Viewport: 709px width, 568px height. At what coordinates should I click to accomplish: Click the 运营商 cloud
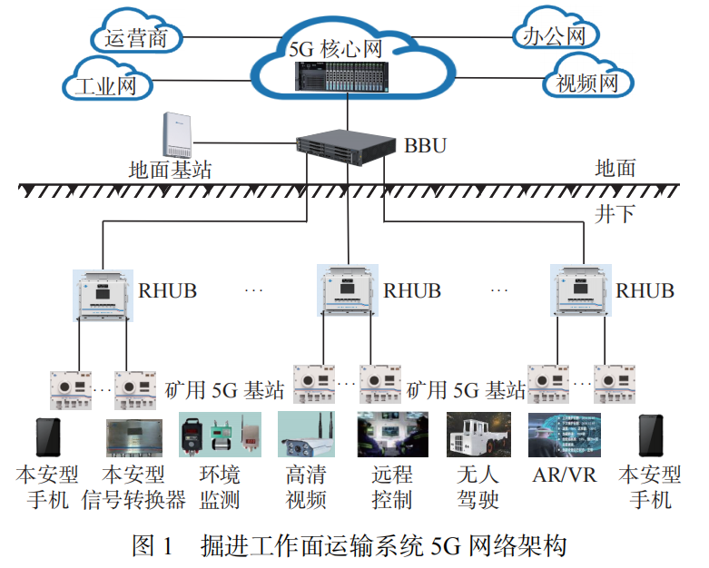pos(136,33)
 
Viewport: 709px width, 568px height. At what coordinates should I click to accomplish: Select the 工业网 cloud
pos(107,80)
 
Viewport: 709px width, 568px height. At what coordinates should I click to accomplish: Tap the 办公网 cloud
pos(556,29)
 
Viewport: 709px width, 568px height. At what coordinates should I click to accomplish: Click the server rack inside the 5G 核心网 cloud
pos(342,77)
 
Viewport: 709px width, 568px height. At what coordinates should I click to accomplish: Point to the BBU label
pos(425,145)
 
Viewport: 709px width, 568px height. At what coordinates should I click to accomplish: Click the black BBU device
pos(346,147)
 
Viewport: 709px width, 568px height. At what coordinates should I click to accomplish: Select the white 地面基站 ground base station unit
pos(177,134)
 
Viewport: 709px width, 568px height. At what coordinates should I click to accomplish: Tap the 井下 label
pos(615,214)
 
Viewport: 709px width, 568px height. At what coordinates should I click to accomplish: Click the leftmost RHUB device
pos(103,296)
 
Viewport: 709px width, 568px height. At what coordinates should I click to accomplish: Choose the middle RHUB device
pos(348,290)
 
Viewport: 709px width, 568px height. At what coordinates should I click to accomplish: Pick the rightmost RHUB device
pos(581,290)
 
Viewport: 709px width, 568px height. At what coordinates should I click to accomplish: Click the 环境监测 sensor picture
pos(221,435)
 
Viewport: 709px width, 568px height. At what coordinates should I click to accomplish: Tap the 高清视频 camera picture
pos(306,435)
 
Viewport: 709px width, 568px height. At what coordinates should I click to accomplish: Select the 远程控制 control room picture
pos(392,435)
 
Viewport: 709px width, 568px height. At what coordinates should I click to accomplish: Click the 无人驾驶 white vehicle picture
pos(478,435)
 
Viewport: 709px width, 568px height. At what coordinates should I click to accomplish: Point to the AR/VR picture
pos(565,435)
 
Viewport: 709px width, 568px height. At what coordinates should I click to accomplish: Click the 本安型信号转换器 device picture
pos(134,438)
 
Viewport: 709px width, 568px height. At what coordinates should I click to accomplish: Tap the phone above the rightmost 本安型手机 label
pos(651,436)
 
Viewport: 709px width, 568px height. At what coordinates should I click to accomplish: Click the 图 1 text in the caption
pos(153,545)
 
